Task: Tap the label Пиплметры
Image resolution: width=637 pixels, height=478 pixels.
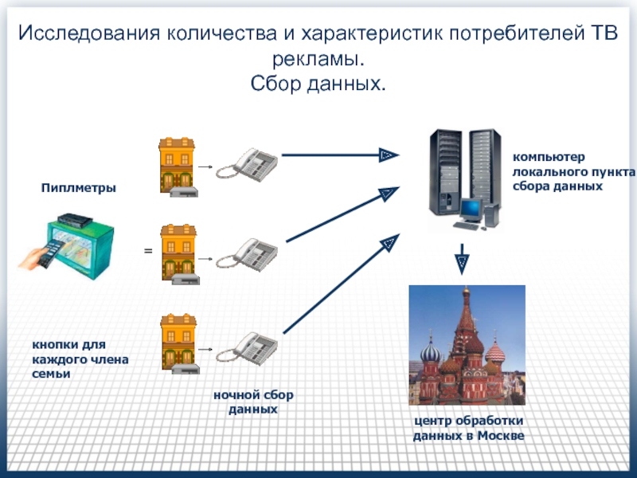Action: point(79,188)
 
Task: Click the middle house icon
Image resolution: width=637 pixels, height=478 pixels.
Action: point(177,253)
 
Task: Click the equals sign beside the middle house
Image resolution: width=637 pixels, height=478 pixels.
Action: point(147,252)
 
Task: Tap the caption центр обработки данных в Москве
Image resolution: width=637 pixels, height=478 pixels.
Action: point(467,428)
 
